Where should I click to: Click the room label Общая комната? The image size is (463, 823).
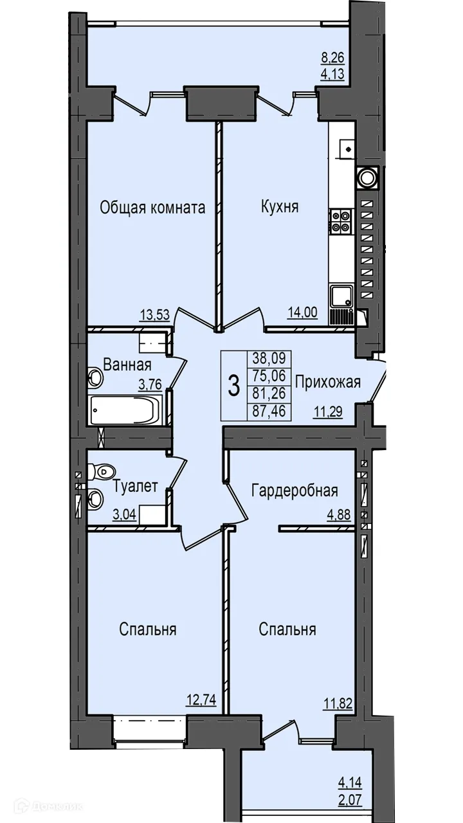(x=152, y=208)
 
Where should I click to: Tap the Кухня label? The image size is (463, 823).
(x=280, y=207)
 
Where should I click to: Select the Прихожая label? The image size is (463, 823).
(x=327, y=382)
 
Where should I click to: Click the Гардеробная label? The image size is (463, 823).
(x=295, y=491)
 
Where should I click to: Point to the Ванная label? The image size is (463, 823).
(x=127, y=366)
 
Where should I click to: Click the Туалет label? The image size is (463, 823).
(x=134, y=487)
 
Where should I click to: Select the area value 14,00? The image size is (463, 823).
(x=304, y=314)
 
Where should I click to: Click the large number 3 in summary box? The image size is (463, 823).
(x=234, y=387)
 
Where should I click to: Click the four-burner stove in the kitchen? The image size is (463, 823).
(x=340, y=221)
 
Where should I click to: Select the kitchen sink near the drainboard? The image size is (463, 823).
(x=340, y=296)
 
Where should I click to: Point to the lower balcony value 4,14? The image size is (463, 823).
(x=350, y=782)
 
